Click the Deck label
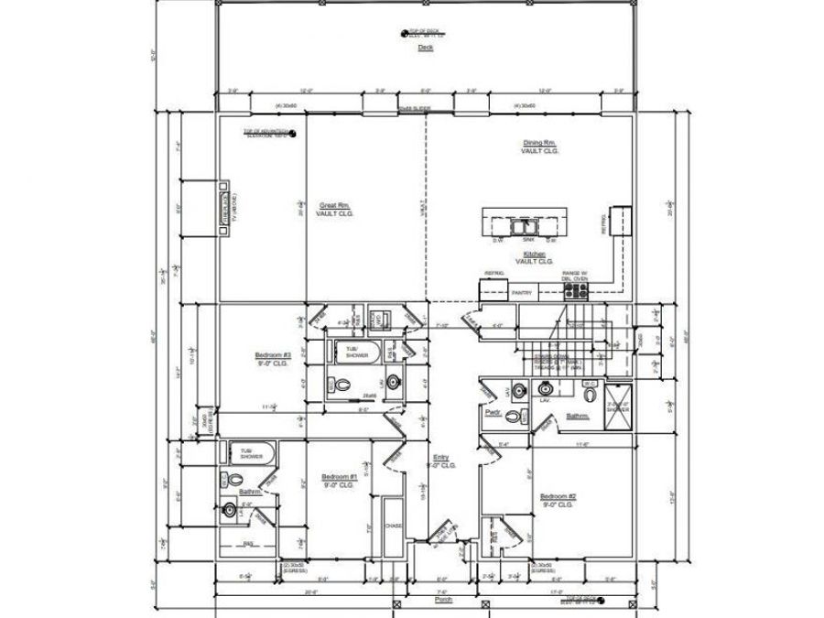(x=425, y=48)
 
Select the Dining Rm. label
(x=539, y=144)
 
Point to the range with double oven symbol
(x=575, y=290)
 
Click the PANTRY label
(x=522, y=293)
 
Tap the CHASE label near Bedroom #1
(x=393, y=526)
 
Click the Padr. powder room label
(x=491, y=412)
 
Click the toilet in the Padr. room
(x=514, y=417)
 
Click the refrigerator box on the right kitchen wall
(x=622, y=220)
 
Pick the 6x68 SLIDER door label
(x=415, y=108)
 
